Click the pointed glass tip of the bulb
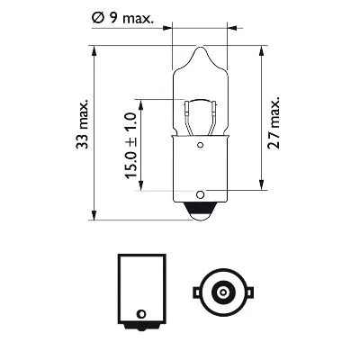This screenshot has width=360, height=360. point(196,52)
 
